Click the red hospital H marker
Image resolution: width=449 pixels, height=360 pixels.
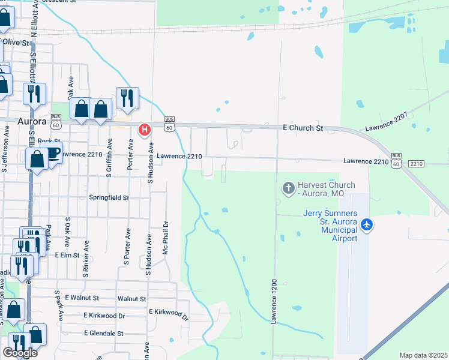tap(144, 129)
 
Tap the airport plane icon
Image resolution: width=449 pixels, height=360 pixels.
tap(367, 226)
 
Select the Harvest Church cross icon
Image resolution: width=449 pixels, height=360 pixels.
tap(288, 189)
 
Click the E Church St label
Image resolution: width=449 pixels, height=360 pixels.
tap(303, 128)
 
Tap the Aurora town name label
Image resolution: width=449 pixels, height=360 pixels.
tap(32, 121)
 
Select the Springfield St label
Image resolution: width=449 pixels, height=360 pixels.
tap(110, 197)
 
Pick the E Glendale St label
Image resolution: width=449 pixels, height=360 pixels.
tap(103, 333)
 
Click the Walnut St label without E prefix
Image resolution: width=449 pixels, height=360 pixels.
tap(132, 298)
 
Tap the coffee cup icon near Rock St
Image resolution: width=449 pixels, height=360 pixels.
tap(52, 152)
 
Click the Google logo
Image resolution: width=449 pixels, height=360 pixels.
tap(20, 353)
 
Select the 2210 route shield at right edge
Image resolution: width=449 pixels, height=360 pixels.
tap(417, 164)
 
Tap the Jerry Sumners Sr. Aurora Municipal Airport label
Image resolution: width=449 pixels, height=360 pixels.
tap(330, 226)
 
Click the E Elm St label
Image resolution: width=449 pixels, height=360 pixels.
tap(67, 255)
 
